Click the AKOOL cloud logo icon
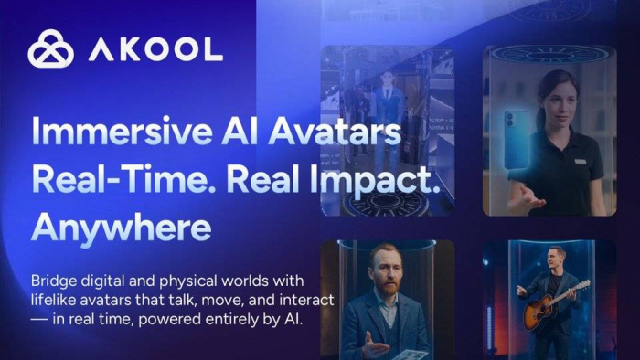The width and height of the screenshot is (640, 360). (50, 48)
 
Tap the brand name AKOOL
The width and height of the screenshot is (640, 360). (155, 49)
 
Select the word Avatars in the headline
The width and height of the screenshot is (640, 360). (335, 132)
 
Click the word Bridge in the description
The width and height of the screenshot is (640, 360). (52, 281)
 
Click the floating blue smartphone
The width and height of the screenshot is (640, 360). (516, 139)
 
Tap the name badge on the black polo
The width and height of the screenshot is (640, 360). (580, 162)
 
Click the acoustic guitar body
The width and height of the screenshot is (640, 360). (539, 311)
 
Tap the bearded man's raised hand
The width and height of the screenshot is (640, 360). (372, 345)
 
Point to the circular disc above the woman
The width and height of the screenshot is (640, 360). (549, 55)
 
